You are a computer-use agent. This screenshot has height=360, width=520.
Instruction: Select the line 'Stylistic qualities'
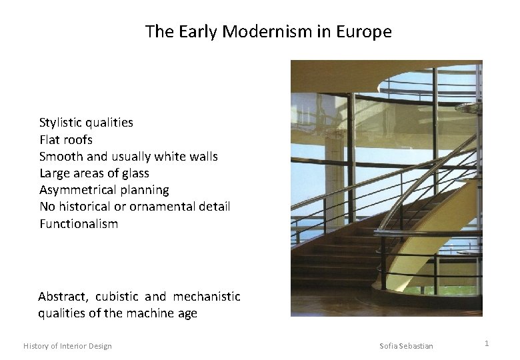click(x=86, y=123)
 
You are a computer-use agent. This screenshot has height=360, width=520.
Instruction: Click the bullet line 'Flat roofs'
click(x=66, y=140)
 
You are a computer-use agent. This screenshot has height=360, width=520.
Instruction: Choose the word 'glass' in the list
click(x=135, y=173)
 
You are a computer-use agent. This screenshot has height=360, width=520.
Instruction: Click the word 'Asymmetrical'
click(x=77, y=191)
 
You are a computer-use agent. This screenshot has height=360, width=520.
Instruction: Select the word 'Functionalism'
click(x=79, y=224)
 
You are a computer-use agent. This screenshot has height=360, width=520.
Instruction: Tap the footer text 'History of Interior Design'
click(x=67, y=345)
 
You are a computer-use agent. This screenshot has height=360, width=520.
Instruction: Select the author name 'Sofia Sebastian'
click(x=406, y=345)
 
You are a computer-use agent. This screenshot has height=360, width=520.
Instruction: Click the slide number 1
click(x=487, y=343)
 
